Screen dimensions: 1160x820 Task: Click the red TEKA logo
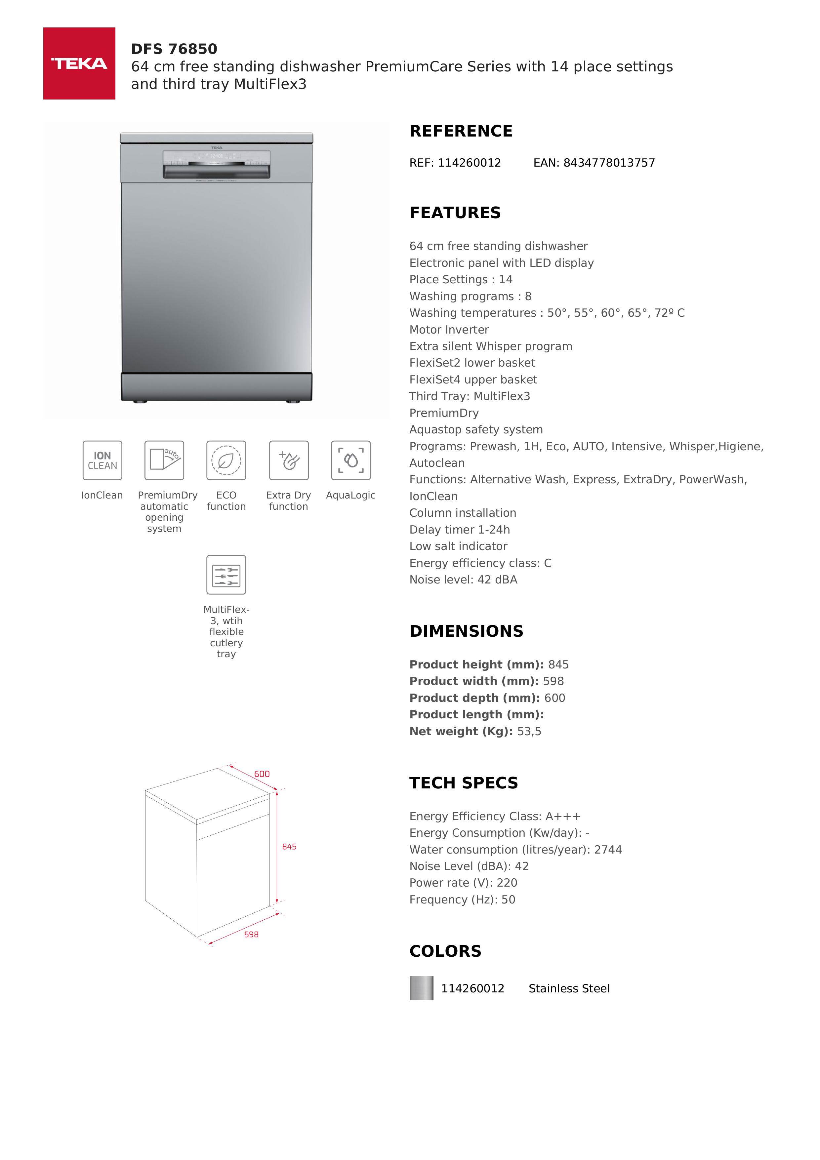(x=79, y=64)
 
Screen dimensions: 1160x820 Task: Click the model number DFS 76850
(x=174, y=49)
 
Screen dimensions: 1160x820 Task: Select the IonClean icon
(x=102, y=460)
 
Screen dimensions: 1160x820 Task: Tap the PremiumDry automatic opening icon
(x=164, y=460)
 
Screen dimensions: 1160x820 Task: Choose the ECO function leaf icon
(x=226, y=460)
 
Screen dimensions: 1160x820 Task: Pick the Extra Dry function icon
(x=289, y=460)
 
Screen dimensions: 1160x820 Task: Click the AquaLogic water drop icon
(x=350, y=460)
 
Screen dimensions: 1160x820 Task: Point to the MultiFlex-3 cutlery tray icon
(x=226, y=575)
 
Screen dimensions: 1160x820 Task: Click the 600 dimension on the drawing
(x=262, y=774)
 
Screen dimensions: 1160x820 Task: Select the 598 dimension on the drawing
(x=251, y=935)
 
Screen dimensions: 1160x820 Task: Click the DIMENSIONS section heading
(x=466, y=631)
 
